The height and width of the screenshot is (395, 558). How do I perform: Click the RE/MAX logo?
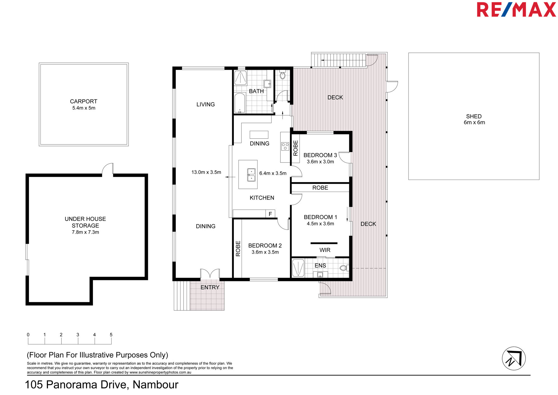[516, 10]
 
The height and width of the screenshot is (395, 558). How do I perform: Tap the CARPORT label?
[84, 101]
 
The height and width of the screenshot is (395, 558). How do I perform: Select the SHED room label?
[474, 116]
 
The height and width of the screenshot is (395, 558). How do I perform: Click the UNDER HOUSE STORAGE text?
[85, 222]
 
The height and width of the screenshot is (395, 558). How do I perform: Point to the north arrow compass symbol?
[514, 358]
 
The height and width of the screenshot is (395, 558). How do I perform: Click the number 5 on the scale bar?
[111, 335]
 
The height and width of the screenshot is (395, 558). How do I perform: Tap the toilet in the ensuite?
[344, 268]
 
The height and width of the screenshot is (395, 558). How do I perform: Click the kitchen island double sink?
[251, 175]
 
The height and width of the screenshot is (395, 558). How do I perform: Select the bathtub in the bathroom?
[240, 103]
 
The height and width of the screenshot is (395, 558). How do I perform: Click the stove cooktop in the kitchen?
[285, 146]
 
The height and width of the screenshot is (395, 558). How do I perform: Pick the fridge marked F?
[270, 214]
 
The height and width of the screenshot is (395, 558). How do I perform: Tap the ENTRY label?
[210, 287]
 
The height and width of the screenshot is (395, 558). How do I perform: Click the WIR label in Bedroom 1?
[325, 250]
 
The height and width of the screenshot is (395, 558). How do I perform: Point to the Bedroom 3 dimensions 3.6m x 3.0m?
[320, 162]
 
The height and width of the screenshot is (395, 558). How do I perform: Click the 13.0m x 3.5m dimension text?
[206, 172]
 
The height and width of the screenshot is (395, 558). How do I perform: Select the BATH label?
[256, 91]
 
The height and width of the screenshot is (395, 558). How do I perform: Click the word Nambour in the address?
[155, 385]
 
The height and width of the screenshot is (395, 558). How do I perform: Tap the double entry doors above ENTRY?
[210, 274]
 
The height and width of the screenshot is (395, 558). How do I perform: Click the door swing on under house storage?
[107, 169]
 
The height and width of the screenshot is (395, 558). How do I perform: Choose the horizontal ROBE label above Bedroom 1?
[320, 188]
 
